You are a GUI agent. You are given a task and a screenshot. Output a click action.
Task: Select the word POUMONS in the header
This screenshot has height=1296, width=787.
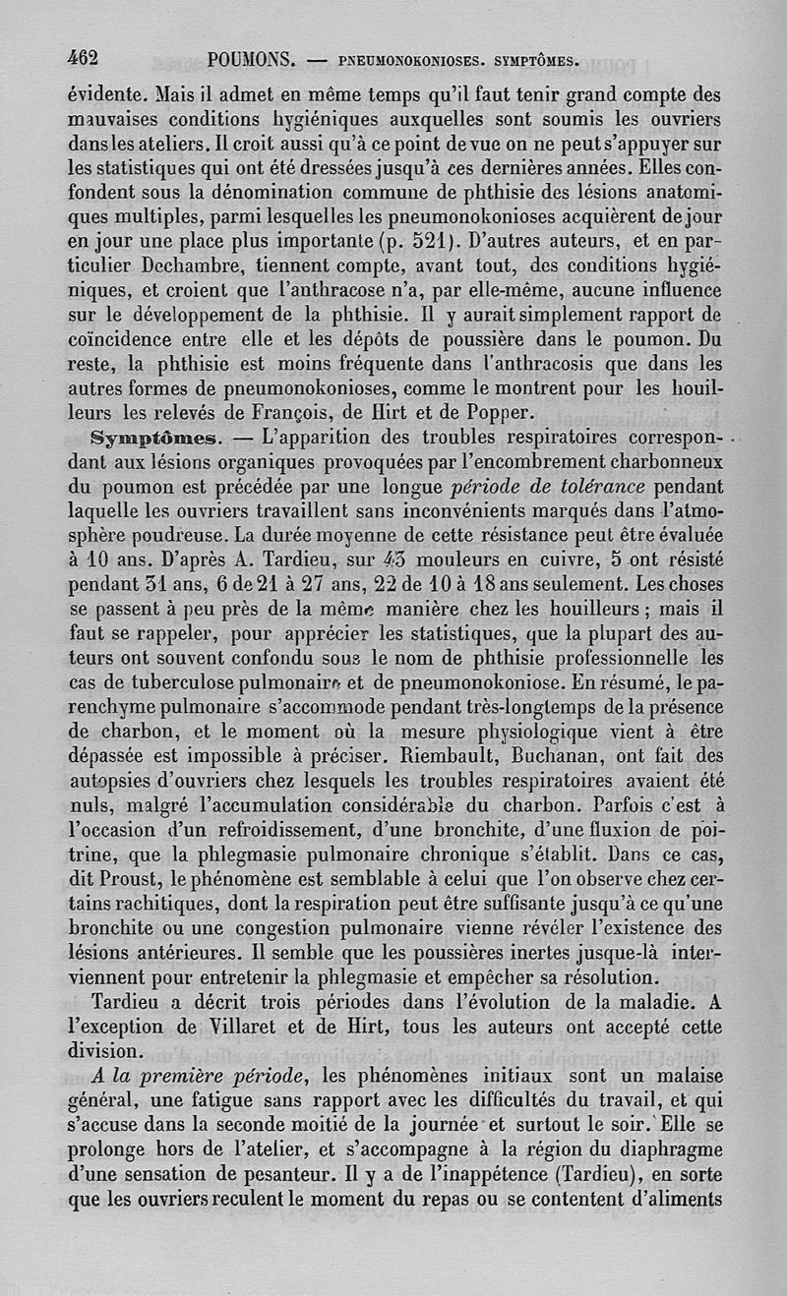tap(253, 60)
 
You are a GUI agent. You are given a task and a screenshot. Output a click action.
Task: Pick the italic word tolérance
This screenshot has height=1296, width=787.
tap(598, 487)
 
